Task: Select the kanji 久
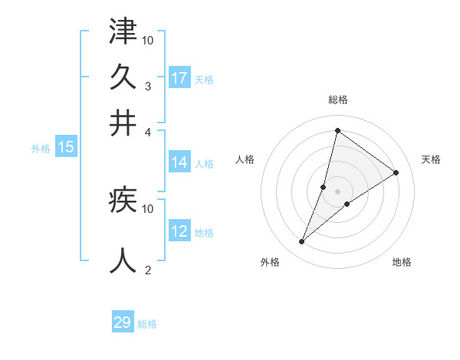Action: [x=123, y=77]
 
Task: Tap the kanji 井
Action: [x=123, y=123]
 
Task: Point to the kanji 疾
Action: [x=123, y=201]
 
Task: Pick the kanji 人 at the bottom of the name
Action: [x=123, y=260]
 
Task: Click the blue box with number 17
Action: [x=179, y=78]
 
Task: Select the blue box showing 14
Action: [x=179, y=162]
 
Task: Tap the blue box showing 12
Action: [x=179, y=232]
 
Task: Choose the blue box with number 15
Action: [x=66, y=148]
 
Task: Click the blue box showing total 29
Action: [x=123, y=322]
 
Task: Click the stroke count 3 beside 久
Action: [x=147, y=86]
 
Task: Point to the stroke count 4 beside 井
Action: [x=148, y=132]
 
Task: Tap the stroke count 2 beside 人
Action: [x=148, y=270]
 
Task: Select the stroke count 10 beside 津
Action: [x=148, y=40]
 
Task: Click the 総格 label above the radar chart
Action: [x=337, y=100]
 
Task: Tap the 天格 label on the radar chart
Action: [x=431, y=159]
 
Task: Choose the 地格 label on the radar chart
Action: [x=402, y=262]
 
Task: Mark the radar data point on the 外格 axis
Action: [x=302, y=242]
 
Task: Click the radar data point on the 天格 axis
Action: [x=396, y=172]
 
